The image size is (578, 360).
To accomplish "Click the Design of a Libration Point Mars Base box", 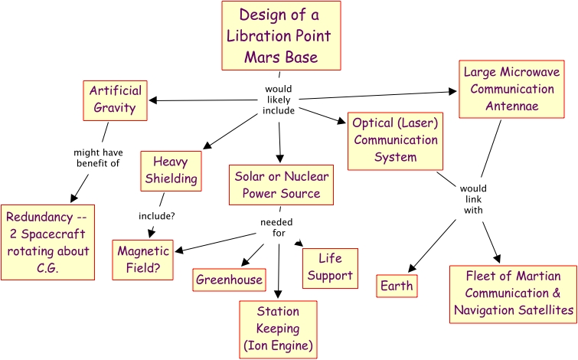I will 281,36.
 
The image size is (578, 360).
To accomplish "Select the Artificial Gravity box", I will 116,99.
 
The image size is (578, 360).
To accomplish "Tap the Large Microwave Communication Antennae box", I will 512,89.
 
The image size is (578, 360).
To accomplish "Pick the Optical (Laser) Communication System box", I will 394,141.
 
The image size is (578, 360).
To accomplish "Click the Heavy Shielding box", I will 170,171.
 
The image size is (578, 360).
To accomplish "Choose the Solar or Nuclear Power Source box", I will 281,185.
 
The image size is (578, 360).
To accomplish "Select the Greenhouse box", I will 229,280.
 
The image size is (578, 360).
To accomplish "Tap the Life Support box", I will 330,267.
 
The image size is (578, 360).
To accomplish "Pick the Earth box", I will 397,286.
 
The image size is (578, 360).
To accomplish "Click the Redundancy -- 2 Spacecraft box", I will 48,241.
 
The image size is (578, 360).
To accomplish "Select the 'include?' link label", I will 156,216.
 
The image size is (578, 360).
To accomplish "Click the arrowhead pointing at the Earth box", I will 411,269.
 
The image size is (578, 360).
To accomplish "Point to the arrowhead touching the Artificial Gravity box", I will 153,100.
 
